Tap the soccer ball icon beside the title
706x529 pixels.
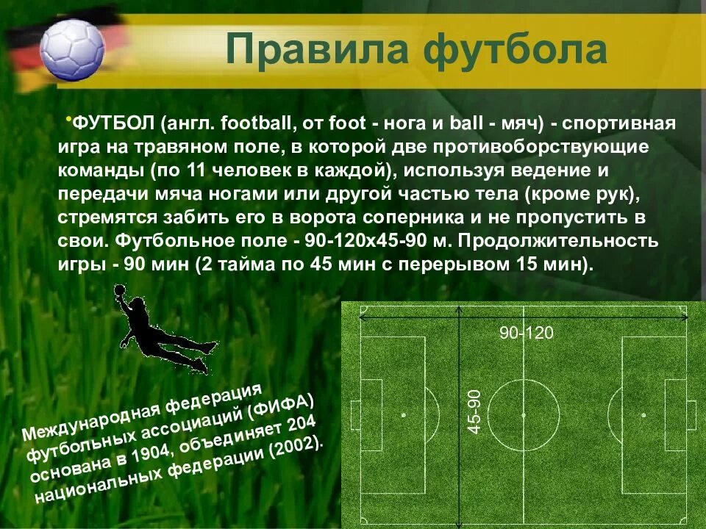pyautogui.click(x=71, y=49)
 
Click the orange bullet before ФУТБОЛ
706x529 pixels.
pyautogui.click(x=68, y=118)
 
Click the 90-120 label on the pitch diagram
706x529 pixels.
pyautogui.click(x=527, y=333)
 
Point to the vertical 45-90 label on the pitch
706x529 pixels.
pyautogui.click(x=474, y=411)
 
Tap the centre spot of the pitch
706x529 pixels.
pyautogui.click(x=524, y=414)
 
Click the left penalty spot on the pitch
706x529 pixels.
pyautogui.click(x=403, y=414)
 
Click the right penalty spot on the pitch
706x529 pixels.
pyautogui.click(x=644, y=414)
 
